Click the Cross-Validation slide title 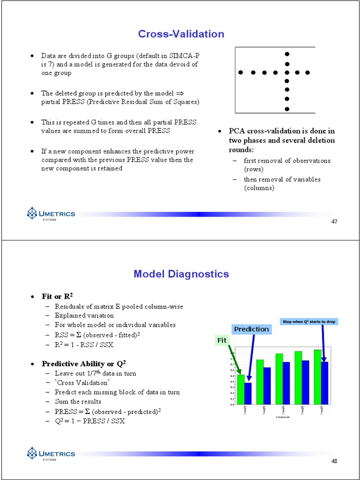(x=181, y=34)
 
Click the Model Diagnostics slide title (x=181, y=274)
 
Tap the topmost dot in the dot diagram (x=287, y=54)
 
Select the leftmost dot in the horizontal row (x=241, y=73)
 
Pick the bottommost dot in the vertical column (x=287, y=109)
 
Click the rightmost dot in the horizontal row (x=308, y=73)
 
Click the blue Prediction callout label (x=251, y=329)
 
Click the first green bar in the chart (x=241, y=389)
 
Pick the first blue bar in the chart (x=248, y=393)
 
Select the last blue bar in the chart (x=324, y=382)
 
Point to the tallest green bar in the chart (x=317, y=376)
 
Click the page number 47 (x=334, y=221)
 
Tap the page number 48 (x=334, y=461)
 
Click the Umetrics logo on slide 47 (x=51, y=214)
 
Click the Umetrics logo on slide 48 (x=51, y=454)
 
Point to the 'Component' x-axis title (x=283, y=417)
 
